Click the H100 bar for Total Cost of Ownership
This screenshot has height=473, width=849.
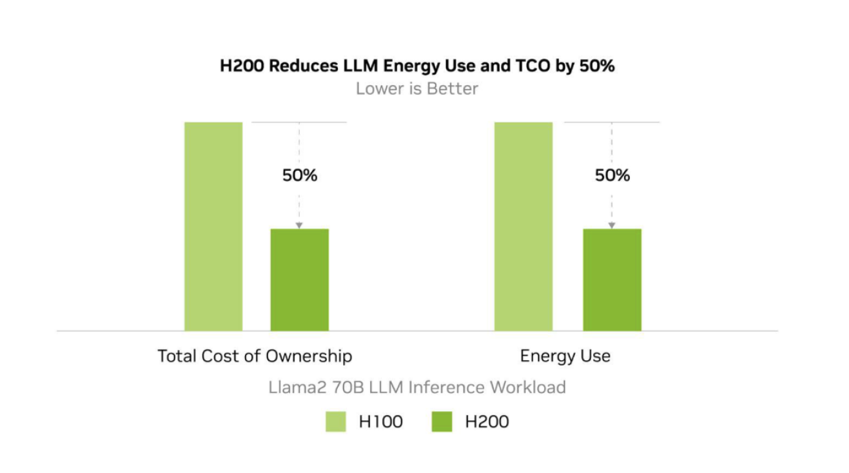coord(213,226)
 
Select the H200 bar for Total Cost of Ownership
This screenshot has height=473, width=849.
coord(299,279)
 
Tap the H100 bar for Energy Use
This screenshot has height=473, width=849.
coord(523,226)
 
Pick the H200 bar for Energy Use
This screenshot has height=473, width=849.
coord(612,279)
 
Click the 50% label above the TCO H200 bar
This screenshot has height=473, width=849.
coord(300,175)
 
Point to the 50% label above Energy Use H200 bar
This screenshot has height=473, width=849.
coord(612,175)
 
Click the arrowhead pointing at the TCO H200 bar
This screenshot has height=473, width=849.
coord(299,225)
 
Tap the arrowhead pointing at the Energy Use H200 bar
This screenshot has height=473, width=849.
coord(612,225)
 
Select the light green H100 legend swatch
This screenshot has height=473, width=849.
coord(335,422)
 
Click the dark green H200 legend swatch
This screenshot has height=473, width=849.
coord(442,422)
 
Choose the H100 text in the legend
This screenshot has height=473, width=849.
coord(380,422)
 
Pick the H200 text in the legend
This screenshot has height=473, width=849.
coord(487,422)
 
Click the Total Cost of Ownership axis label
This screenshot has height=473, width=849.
coord(255,356)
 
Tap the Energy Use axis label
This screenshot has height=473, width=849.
coord(565,356)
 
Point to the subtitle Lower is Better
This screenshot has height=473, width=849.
coord(417,88)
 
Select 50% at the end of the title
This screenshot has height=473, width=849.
coord(596,66)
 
